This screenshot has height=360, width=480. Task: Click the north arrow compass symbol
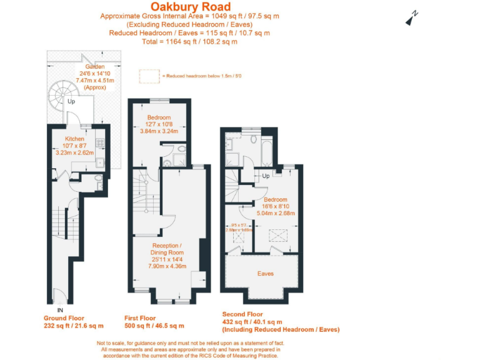[411, 18]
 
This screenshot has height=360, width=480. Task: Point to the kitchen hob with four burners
[99, 142]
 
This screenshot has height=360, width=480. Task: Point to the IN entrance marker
[59, 309]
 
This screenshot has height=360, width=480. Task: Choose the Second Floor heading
[251, 314]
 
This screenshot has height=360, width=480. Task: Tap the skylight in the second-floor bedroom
[274, 236]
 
